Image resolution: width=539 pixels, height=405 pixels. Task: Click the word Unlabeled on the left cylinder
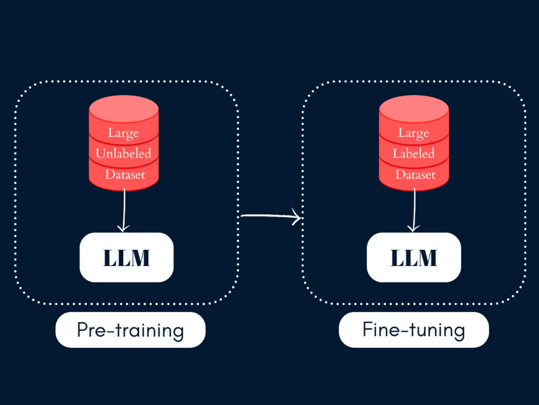pyautogui.click(x=123, y=153)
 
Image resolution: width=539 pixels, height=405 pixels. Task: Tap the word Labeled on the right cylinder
pyautogui.click(x=413, y=153)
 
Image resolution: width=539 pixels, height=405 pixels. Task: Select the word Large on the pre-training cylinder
pyautogui.click(x=123, y=133)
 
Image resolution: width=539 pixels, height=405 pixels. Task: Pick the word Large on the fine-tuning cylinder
pyautogui.click(x=413, y=133)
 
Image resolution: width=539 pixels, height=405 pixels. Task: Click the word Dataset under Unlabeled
pyautogui.click(x=125, y=175)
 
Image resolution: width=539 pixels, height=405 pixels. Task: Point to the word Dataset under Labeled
pyautogui.click(x=415, y=175)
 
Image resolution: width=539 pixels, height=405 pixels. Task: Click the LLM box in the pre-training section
pyautogui.click(x=126, y=257)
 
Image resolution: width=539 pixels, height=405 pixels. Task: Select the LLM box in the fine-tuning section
pyautogui.click(x=414, y=257)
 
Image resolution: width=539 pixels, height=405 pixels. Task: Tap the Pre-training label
pyautogui.click(x=130, y=330)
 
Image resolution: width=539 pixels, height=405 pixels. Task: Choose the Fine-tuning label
pyautogui.click(x=414, y=330)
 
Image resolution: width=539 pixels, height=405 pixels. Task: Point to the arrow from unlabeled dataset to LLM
pyautogui.click(x=124, y=208)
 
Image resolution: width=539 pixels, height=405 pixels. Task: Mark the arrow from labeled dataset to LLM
pyautogui.click(x=414, y=208)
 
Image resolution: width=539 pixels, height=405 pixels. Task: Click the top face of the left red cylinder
pyautogui.click(x=124, y=108)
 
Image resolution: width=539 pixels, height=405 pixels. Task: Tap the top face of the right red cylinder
pyautogui.click(x=414, y=108)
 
